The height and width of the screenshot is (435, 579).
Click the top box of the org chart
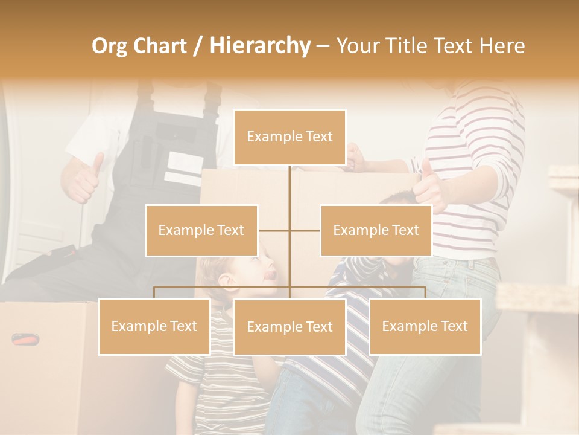[289, 137]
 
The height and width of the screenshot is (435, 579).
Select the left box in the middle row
[201, 230]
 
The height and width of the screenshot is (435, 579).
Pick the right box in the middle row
[376, 230]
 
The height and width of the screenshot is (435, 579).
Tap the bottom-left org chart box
[154, 326]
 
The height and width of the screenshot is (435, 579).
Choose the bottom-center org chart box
[289, 327]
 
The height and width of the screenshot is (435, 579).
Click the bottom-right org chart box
[425, 326]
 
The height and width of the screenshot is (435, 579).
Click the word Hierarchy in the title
[259, 45]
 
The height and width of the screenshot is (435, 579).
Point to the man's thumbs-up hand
[84, 178]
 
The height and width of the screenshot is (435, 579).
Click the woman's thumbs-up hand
[431, 184]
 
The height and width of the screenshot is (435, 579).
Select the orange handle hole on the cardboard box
[27, 339]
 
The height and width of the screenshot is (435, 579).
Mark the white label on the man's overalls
[184, 167]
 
